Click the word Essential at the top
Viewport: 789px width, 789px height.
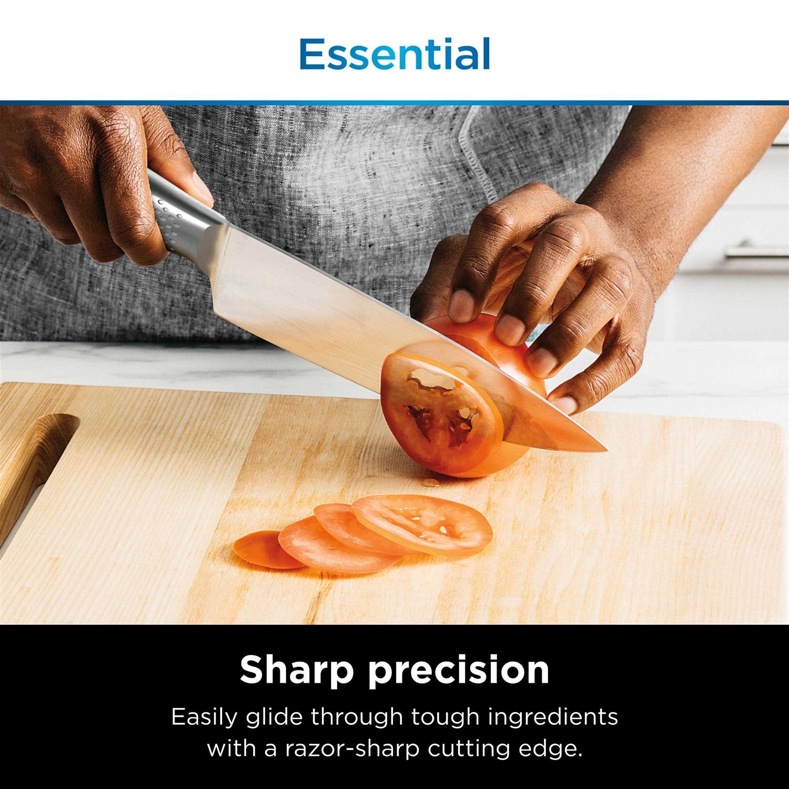click(x=394, y=54)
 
